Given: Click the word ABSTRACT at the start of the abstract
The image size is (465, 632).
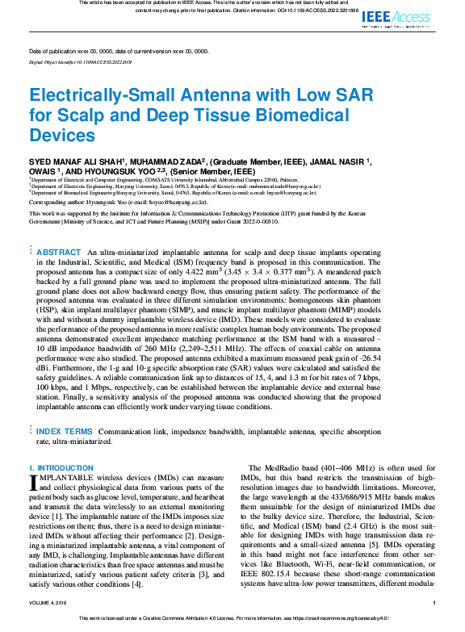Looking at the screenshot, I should tap(58, 253).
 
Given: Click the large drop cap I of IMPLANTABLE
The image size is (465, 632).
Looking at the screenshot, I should tap(33, 483).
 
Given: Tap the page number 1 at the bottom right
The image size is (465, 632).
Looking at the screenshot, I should tap(434, 603).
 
